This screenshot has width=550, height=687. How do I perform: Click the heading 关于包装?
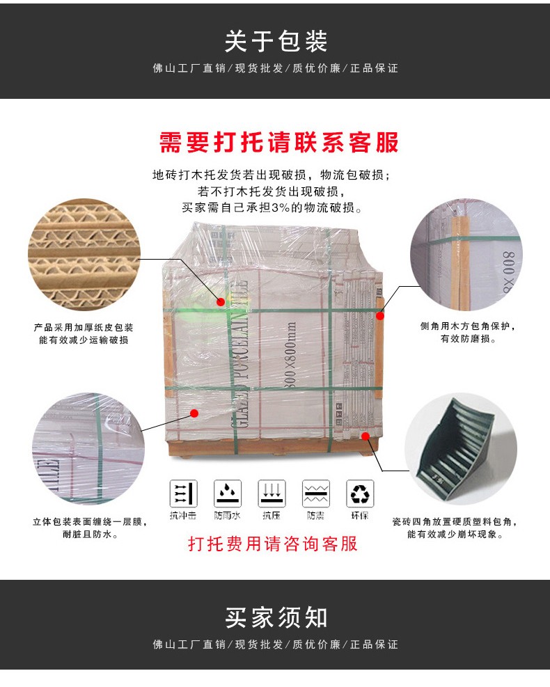[275, 41]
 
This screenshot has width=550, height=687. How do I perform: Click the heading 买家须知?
[275, 617]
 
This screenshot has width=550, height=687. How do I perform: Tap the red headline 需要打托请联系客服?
[279, 142]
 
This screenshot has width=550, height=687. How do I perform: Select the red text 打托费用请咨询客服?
[273, 544]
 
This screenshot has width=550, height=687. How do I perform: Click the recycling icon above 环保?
[361, 493]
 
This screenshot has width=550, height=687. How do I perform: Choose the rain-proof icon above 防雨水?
[228, 493]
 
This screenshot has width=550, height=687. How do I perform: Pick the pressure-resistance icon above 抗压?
[272, 493]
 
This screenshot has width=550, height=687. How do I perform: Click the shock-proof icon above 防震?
[315, 493]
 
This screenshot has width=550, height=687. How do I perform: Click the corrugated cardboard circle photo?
[84, 255]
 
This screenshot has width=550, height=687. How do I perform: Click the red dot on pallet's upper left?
[221, 301]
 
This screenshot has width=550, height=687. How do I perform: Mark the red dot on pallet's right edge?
[380, 315]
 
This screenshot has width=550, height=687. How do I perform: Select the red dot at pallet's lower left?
[194, 413]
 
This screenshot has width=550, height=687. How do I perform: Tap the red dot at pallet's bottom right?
[366, 434]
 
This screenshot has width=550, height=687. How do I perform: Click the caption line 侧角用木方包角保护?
[471, 326]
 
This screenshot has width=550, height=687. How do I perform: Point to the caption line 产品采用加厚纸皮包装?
[84, 327]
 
